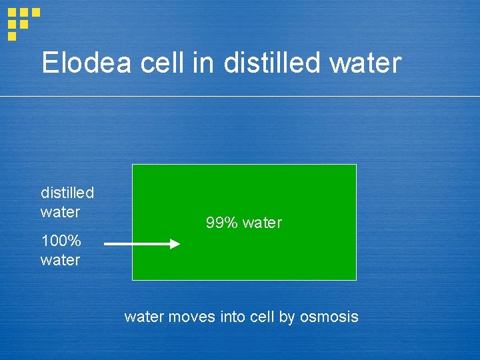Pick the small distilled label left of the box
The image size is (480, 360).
[67, 193]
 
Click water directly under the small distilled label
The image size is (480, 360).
[60, 212]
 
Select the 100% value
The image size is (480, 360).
[61, 241]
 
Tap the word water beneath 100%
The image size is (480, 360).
[60, 260]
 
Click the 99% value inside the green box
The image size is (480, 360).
[222, 223]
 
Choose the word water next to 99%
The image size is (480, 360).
[262, 223]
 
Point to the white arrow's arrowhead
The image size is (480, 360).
[175, 244]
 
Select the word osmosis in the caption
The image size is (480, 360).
[329, 317]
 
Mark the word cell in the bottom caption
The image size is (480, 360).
[261, 317]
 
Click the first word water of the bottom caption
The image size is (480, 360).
[143, 317]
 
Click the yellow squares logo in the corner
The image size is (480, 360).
[22, 23]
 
